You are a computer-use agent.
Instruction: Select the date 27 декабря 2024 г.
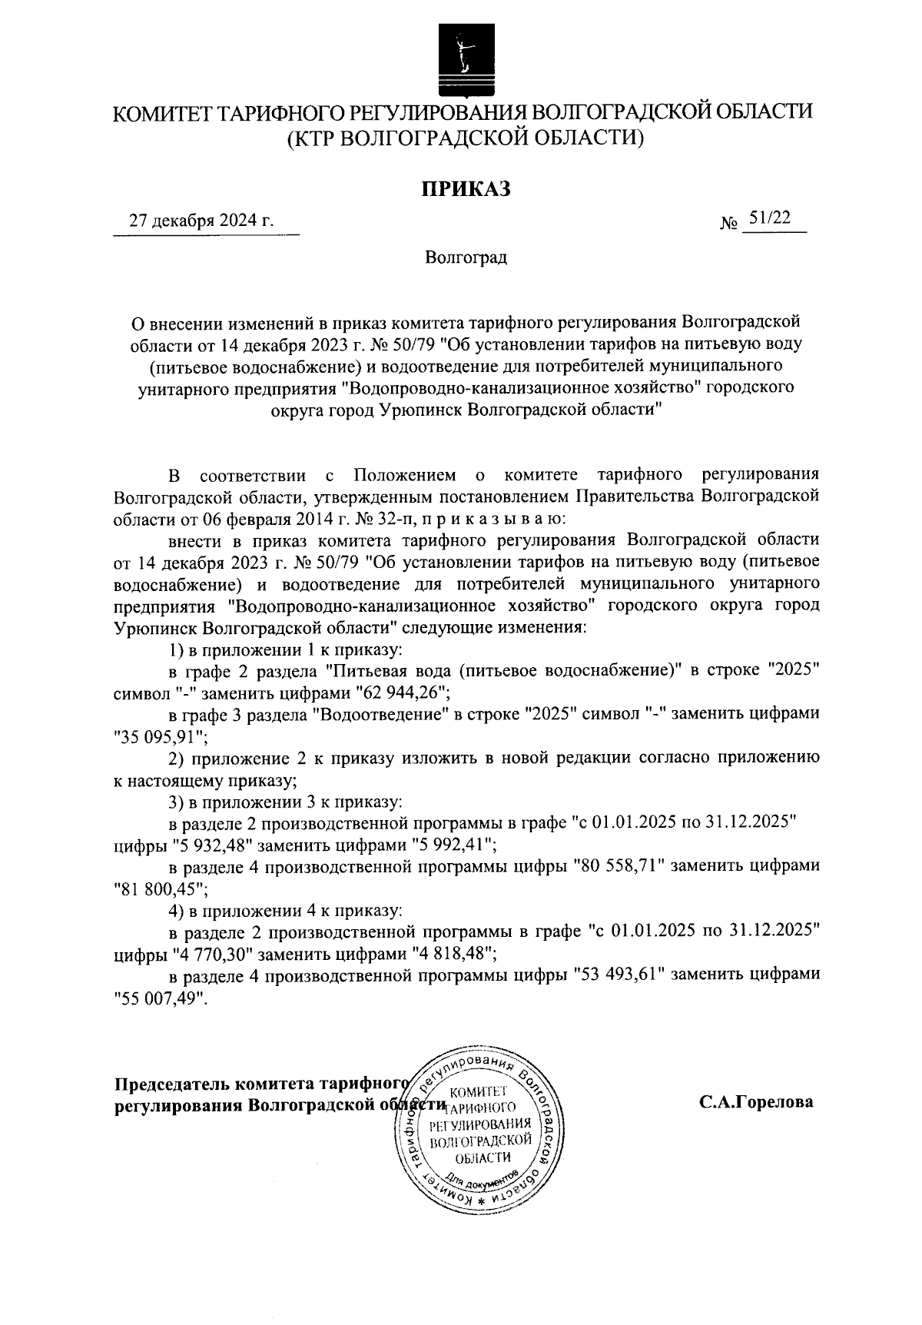click(x=202, y=221)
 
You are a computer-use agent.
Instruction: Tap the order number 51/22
click(x=770, y=218)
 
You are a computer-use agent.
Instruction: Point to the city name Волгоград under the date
click(x=466, y=257)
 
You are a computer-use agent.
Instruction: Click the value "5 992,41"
click(x=449, y=845)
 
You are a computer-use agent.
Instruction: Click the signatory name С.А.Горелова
click(x=755, y=1102)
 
